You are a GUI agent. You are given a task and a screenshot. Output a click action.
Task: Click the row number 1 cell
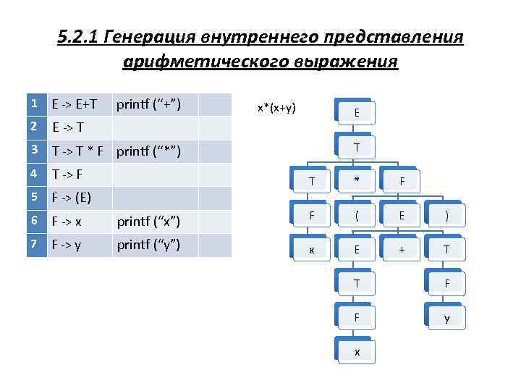pyautogui.click(x=34, y=104)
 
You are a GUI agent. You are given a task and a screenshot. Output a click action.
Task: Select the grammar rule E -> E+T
pyautogui.click(x=75, y=105)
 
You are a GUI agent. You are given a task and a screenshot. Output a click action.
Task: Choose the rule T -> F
pyautogui.click(x=68, y=175)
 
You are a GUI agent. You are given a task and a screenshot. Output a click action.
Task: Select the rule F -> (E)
pyautogui.click(x=71, y=198)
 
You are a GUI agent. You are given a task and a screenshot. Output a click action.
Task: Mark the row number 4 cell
pyautogui.click(x=34, y=175)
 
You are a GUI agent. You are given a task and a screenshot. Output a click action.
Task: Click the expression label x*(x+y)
pyautogui.click(x=276, y=108)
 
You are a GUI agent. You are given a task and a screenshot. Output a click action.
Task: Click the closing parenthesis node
pyautogui.click(x=446, y=216)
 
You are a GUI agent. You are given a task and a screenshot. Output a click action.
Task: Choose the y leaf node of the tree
pyautogui.click(x=446, y=318)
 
